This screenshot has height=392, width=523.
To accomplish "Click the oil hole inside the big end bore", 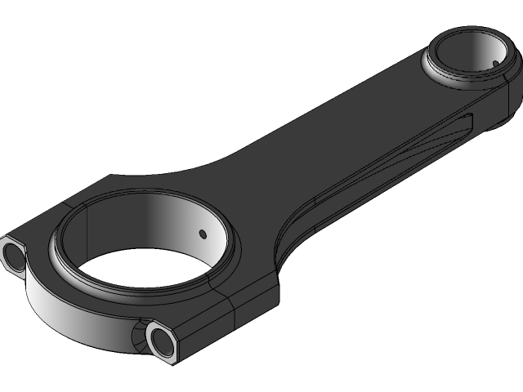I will pos(203,234).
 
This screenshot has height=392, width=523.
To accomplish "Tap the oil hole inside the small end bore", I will pos(495,62).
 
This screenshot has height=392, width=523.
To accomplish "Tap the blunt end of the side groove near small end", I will pos(468,122).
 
